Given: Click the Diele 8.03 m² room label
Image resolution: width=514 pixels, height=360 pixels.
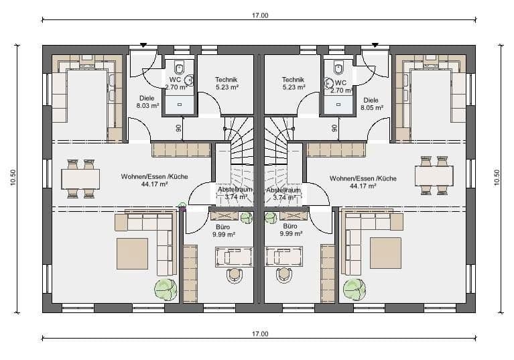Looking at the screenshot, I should click(146, 101).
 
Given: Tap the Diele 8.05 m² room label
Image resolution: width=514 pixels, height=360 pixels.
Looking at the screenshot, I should click(371, 102).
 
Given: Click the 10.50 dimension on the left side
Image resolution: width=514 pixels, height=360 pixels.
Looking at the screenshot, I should click(13, 177).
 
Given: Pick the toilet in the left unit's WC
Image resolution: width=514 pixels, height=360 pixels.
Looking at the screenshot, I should click(180, 68).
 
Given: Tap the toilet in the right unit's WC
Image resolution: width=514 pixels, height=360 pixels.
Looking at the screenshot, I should click(338, 68).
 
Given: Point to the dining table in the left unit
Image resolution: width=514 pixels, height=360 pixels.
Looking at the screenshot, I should click(80, 178).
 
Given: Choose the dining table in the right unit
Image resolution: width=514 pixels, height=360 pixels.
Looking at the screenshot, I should click(434, 176).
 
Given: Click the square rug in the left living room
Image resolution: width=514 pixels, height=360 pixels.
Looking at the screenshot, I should click(132, 253).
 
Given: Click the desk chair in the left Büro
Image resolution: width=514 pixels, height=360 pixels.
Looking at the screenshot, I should click(234, 274).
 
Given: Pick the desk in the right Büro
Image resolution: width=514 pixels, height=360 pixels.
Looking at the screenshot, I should click(284, 256).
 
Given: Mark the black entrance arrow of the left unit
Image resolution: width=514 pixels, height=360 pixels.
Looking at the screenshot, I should click(143, 46).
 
